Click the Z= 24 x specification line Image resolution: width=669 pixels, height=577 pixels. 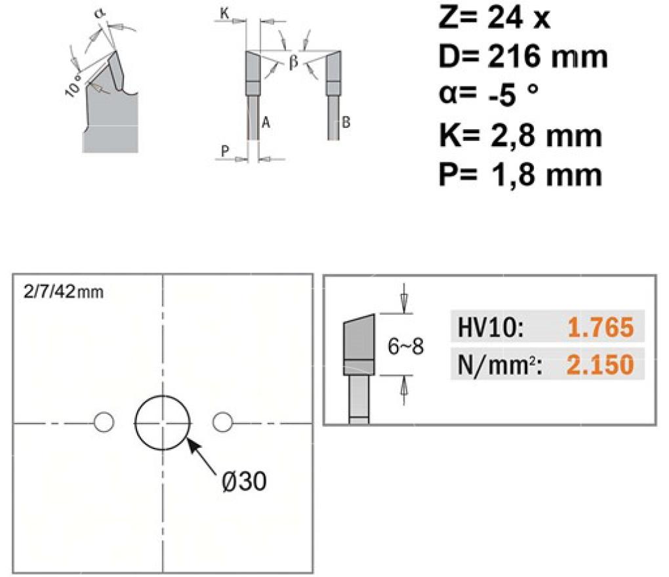(494, 18)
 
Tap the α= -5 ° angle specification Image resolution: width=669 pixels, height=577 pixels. (489, 94)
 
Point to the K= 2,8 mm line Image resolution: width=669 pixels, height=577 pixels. (520, 136)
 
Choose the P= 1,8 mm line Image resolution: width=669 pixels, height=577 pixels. (520, 174)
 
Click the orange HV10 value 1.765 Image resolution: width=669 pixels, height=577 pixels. (601, 328)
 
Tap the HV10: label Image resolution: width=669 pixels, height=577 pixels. (490, 328)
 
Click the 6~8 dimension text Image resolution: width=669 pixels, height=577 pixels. (405, 346)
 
